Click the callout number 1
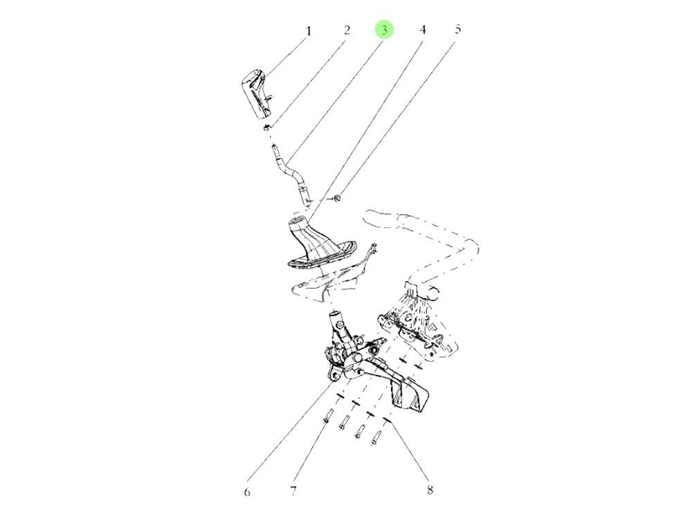[x=309, y=31]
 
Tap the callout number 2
[x=347, y=30]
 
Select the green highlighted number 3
[x=384, y=30]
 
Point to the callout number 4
[x=422, y=30]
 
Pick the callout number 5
[x=457, y=30]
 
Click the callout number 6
[x=247, y=492]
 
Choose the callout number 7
[x=293, y=492]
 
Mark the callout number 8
[x=430, y=491]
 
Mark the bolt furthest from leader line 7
[x=377, y=438]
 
